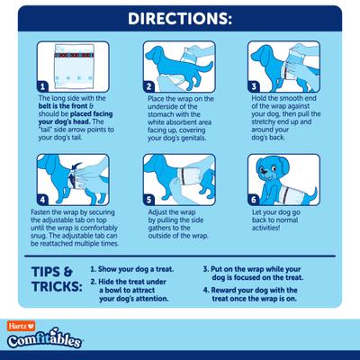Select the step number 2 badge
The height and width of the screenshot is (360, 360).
(150, 86)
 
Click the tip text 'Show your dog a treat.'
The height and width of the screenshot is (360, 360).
(142, 268)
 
